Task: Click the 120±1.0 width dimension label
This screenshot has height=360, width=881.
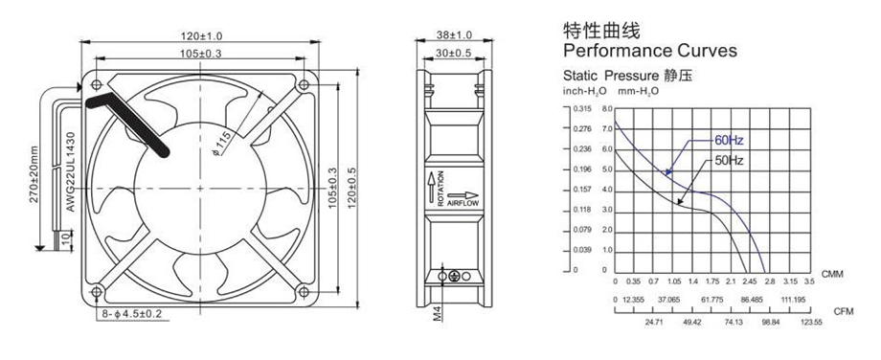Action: [x=201, y=36]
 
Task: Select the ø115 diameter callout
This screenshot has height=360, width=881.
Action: [x=222, y=145]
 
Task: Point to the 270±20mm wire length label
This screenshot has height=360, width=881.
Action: [x=34, y=174]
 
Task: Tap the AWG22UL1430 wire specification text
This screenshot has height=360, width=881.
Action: [x=71, y=171]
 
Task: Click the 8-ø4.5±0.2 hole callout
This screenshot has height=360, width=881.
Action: [x=131, y=313]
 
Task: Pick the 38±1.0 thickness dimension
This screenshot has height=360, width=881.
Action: [x=455, y=35]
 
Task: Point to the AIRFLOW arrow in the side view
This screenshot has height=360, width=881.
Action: [x=463, y=195]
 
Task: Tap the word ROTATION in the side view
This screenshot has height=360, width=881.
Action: [x=440, y=188]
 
